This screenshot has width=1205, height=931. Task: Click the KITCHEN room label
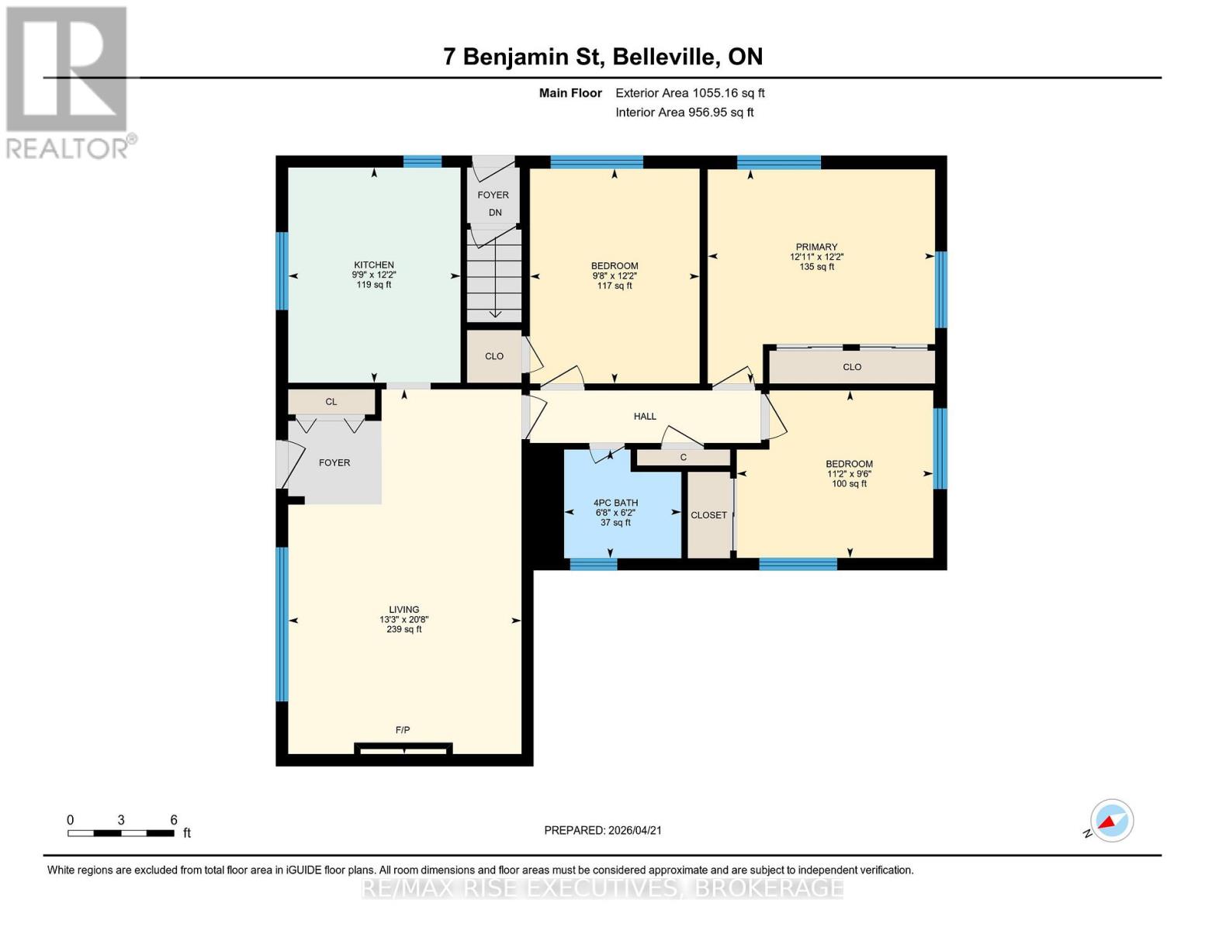pos(374,265)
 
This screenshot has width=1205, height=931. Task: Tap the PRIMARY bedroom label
pos(816,247)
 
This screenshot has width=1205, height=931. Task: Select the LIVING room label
pos(403,610)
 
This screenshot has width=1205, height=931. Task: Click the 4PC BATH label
pos(615,503)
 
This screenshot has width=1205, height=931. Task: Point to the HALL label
pos(645,417)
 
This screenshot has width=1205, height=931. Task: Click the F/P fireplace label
pos(403,730)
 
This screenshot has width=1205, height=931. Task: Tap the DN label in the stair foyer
pos(495,213)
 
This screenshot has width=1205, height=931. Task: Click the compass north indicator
pos(1111,821)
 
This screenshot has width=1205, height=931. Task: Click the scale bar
pos(120,833)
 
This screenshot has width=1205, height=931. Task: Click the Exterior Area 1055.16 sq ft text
pos(690,93)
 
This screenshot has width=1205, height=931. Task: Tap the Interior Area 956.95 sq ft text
pos(684,112)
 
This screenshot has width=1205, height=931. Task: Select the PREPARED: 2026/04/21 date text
pos(603,830)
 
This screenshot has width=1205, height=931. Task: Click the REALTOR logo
pos(68,81)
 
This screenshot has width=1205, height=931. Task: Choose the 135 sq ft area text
pos(816,267)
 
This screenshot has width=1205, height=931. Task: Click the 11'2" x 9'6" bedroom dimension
pos(849,474)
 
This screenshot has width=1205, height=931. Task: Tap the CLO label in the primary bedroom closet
pos(852,367)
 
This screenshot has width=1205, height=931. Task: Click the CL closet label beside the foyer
pos(331,402)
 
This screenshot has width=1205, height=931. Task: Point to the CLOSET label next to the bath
pos(708,515)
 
